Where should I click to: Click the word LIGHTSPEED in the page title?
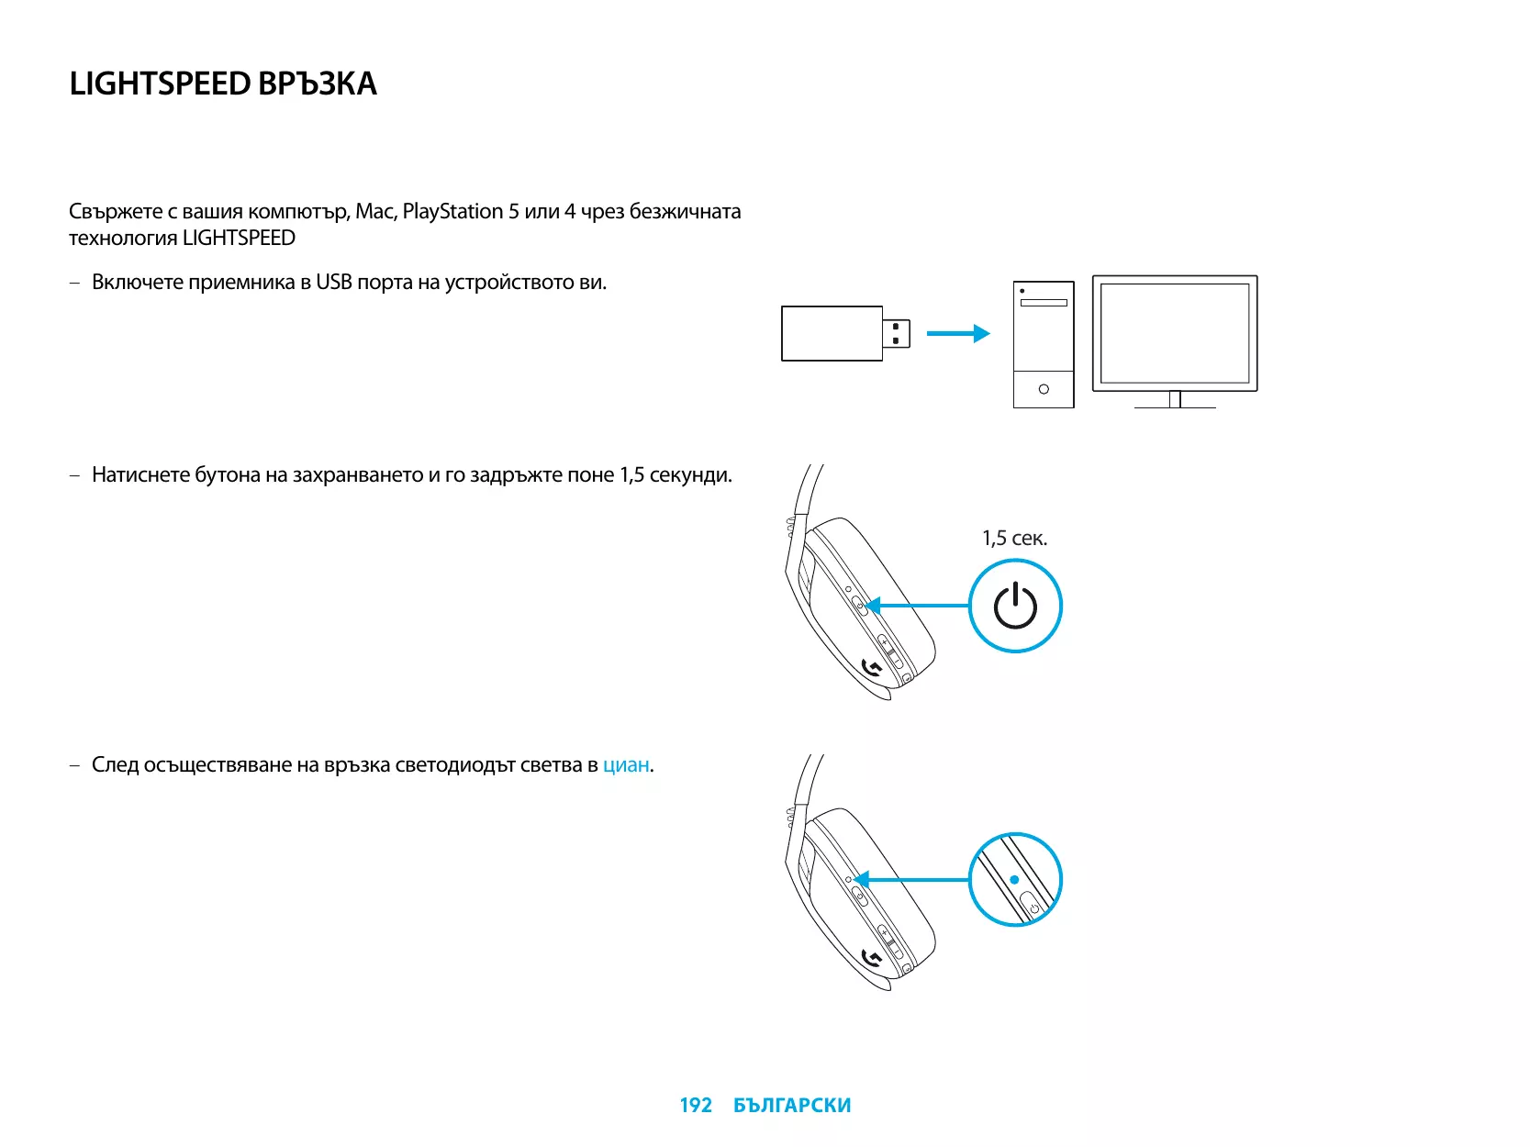[160, 84]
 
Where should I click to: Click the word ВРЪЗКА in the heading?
[317, 84]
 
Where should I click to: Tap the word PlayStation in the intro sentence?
[452, 212]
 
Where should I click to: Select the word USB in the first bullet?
[333, 283]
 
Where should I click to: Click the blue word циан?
[626, 765]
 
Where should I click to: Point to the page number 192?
[695, 1106]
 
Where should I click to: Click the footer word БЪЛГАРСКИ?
[792, 1106]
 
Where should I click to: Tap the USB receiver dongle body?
[832, 333]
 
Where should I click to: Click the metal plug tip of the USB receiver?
[897, 333]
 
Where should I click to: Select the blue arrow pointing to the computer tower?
[957, 333]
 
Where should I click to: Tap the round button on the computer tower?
[1044, 389]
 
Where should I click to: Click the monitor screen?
[1175, 332]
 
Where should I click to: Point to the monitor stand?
[1175, 400]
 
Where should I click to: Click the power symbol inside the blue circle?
[1015, 607]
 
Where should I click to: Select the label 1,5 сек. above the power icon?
[1014, 539]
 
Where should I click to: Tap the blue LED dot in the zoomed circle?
[1014, 879]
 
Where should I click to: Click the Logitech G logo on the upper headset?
[873, 667]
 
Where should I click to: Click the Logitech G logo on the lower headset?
[873, 959]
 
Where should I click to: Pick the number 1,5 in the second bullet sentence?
[631, 475]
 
